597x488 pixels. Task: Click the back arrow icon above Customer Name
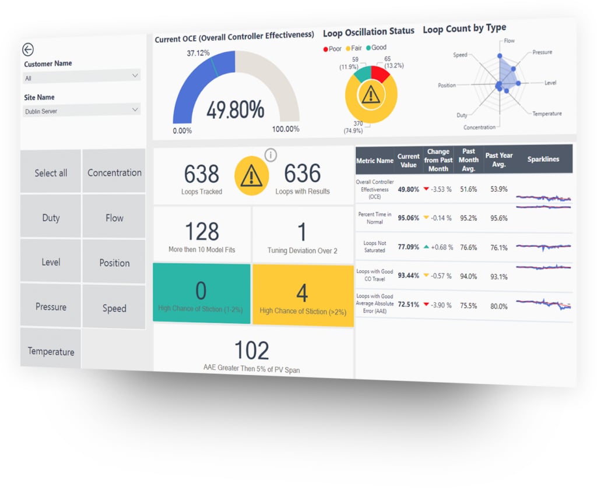(x=27, y=50)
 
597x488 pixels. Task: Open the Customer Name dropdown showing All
(x=82, y=77)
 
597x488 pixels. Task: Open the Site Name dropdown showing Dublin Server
(x=82, y=110)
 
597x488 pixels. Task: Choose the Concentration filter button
(x=114, y=172)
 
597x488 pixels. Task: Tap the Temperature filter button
(x=51, y=351)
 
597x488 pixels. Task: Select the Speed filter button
(x=114, y=308)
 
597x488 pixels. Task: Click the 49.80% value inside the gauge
(x=235, y=109)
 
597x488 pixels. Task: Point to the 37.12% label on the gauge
(x=198, y=53)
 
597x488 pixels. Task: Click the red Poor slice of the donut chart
(x=380, y=74)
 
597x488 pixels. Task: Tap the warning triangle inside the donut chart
(x=371, y=94)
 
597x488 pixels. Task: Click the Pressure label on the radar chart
(x=542, y=52)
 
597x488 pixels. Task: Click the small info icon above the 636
(x=271, y=155)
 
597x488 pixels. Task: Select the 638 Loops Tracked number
(x=202, y=174)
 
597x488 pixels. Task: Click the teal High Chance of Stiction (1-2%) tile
(x=202, y=293)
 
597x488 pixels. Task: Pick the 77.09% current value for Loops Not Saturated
(x=408, y=247)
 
